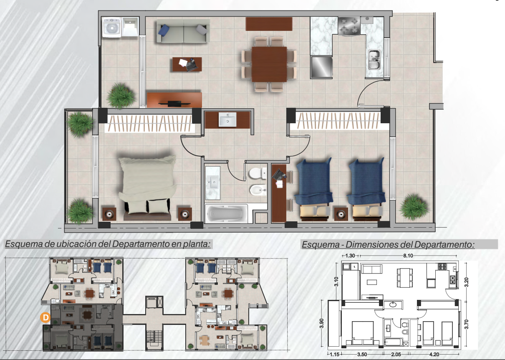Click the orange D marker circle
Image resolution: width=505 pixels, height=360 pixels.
click(x=45, y=317)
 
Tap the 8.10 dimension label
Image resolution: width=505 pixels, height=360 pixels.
click(x=408, y=256)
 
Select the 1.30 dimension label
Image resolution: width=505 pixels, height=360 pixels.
click(x=350, y=256)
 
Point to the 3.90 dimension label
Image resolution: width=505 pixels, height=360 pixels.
click(x=322, y=323)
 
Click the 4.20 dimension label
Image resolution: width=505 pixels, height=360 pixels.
click(x=434, y=354)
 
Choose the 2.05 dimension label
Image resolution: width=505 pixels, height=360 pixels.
click(x=396, y=354)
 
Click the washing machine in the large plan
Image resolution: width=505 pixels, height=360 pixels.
click(x=112, y=28)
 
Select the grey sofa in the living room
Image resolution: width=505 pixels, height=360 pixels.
click(x=183, y=31)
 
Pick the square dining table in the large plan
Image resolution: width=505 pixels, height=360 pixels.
click(x=269, y=64)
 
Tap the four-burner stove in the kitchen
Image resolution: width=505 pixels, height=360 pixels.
click(x=349, y=26)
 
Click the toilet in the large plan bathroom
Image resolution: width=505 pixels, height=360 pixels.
click(x=258, y=173)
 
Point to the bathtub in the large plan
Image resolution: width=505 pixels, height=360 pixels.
click(x=226, y=213)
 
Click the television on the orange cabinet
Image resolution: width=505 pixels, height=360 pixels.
click(x=174, y=104)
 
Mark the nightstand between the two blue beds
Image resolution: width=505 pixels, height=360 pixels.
click(x=341, y=214)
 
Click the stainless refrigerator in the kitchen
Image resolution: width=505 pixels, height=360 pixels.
click(x=321, y=67)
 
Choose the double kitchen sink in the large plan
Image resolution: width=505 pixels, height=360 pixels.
click(x=374, y=60)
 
